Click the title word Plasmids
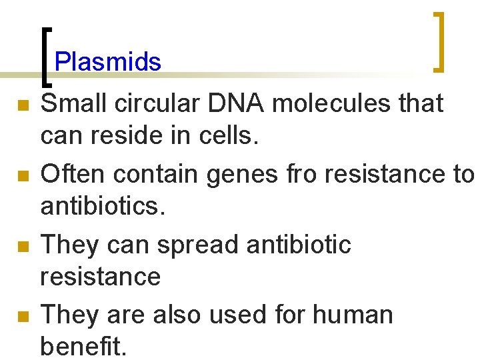click(x=107, y=62)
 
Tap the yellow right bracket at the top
click(x=439, y=41)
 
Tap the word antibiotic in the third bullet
click(x=299, y=244)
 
